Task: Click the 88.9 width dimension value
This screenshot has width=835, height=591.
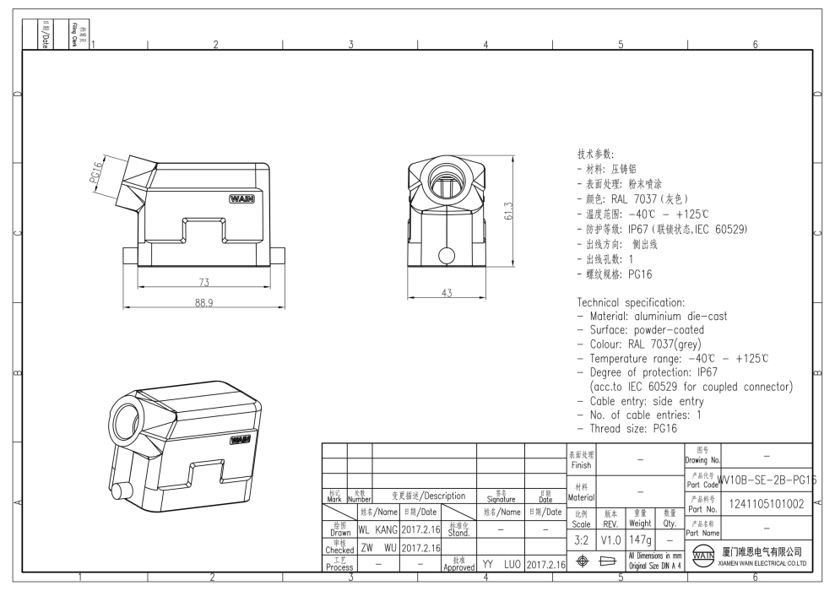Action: click(x=204, y=303)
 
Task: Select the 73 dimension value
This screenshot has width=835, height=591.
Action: click(x=204, y=282)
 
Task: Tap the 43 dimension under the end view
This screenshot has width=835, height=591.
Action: click(x=447, y=293)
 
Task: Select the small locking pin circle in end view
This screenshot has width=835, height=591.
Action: click(x=447, y=254)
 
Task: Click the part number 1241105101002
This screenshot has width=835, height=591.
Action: click(x=766, y=505)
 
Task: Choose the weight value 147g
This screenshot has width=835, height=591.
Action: click(x=640, y=538)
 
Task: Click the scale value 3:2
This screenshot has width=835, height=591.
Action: click(x=581, y=538)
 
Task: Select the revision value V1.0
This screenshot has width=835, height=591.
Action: click(x=610, y=538)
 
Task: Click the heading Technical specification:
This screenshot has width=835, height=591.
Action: click(x=630, y=302)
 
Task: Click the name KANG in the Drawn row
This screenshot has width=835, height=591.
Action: click(x=385, y=530)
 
